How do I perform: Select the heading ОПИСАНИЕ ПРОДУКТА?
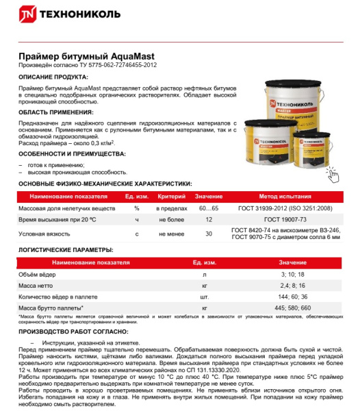click(53, 77)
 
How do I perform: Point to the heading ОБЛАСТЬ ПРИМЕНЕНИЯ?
click(55, 112)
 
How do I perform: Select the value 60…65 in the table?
click(208, 208)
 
